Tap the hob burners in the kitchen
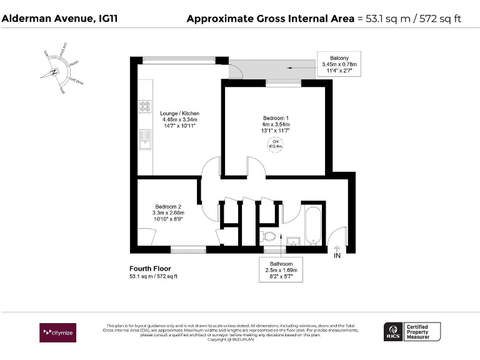point(145,106)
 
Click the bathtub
point(312,226)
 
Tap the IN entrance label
point(337,255)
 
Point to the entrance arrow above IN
point(337,247)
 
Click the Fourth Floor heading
point(150,269)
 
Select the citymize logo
point(57,332)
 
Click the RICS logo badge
point(393,332)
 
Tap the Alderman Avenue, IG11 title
point(59,18)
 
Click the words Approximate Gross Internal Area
point(270,18)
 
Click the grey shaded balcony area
point(273,69)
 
